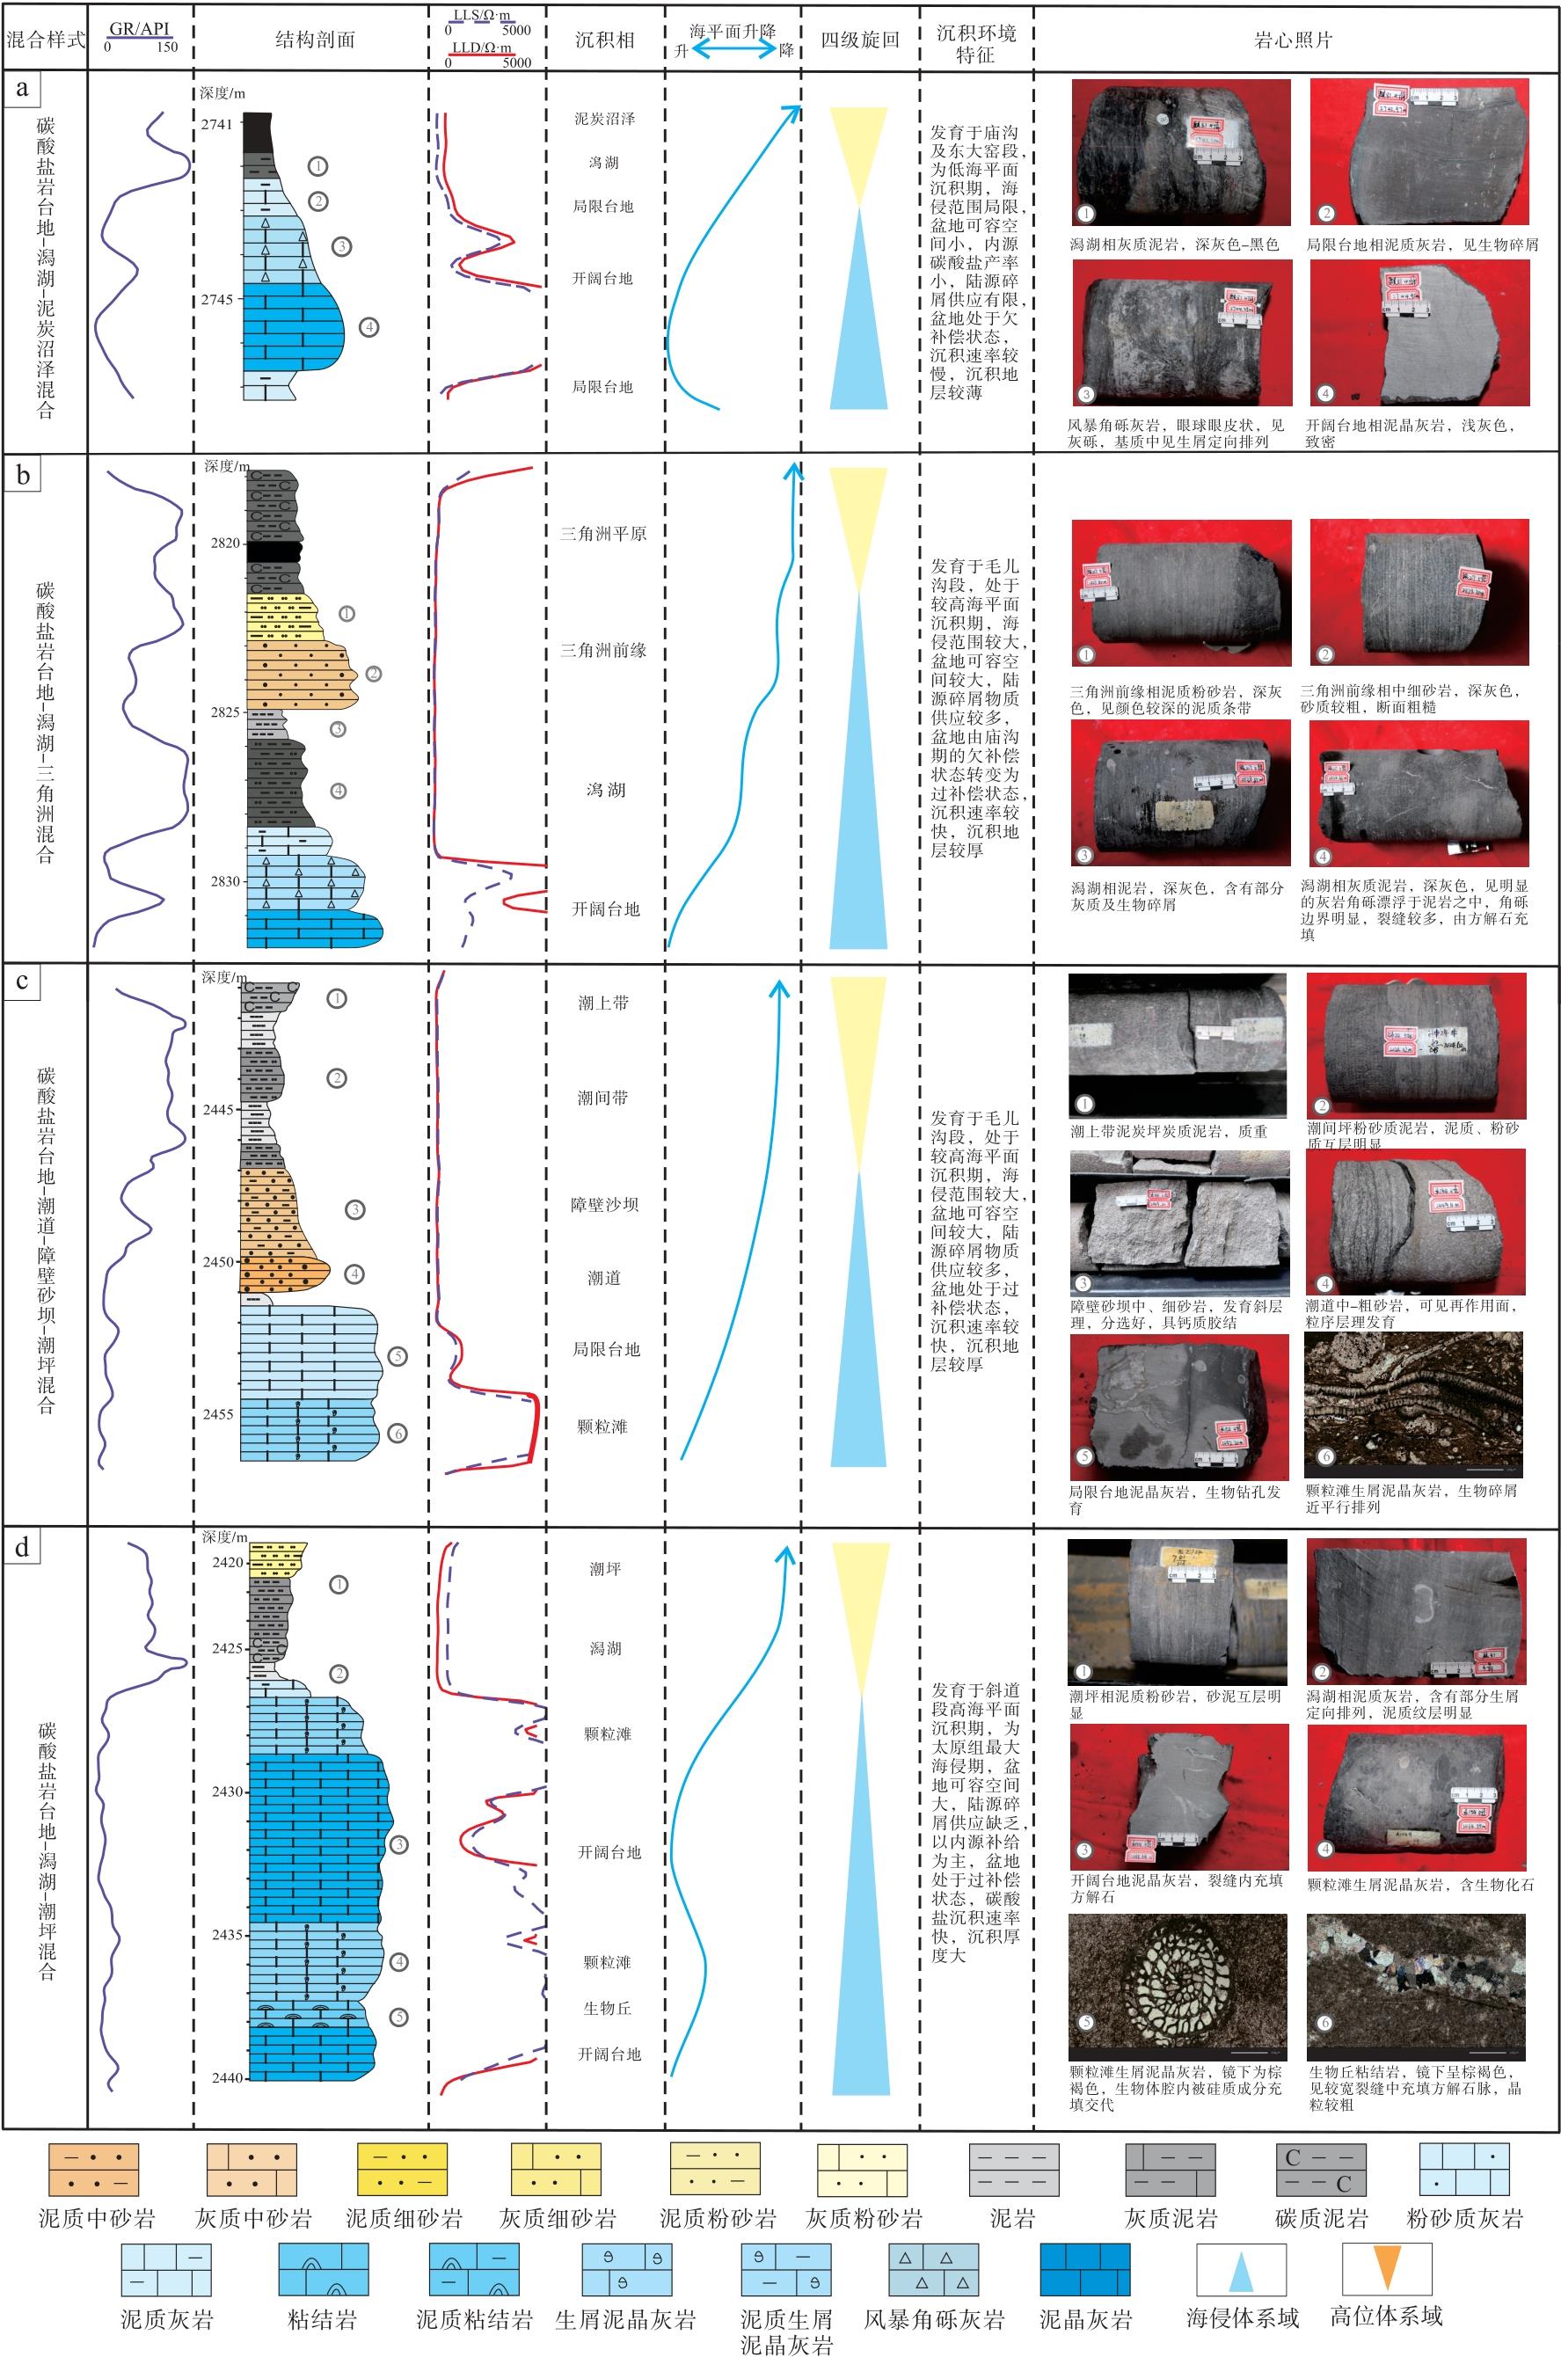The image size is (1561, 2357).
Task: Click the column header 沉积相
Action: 604,40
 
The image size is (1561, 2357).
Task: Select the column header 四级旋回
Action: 859,40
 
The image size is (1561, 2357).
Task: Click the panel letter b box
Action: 23,475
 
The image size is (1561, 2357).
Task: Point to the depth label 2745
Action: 216,300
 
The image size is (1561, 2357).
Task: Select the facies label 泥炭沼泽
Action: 604,119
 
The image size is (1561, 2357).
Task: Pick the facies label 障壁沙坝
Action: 604,1204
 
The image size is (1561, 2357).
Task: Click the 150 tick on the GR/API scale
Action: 166,47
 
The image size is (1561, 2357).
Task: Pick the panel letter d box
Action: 22,1548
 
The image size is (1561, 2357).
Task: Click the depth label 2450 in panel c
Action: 219,1262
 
